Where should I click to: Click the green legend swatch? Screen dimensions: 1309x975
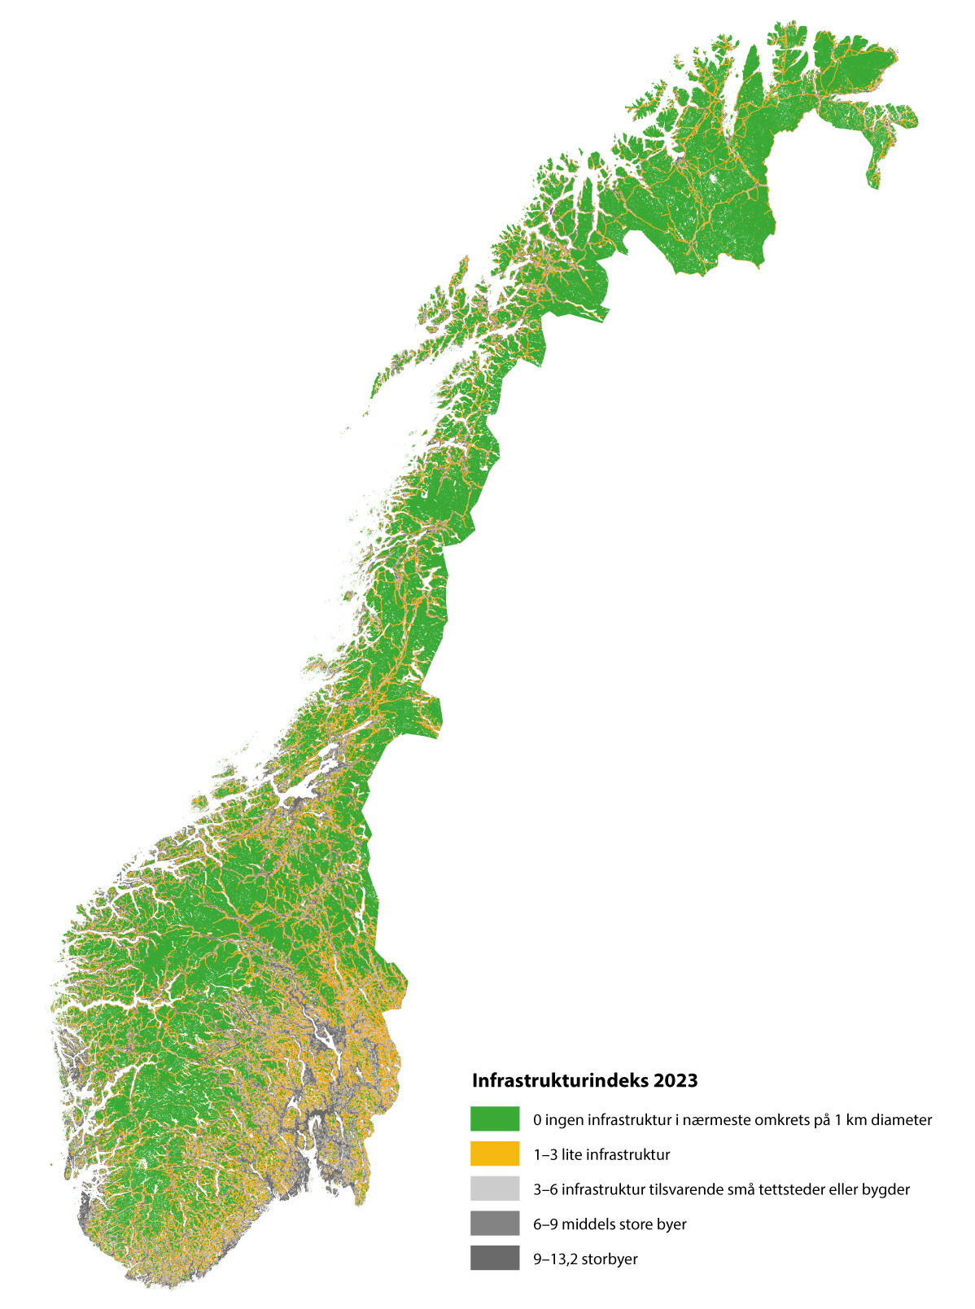click(x=495, y=1119)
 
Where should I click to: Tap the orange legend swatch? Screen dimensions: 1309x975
click(x=495, y=1154)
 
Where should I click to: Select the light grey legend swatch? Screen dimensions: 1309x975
click(x=495, y=1189)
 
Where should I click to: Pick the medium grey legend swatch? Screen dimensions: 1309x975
click(x=495, y=1224)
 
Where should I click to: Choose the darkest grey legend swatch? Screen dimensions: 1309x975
click(x=495, y=1259)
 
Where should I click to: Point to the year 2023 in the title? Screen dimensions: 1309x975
click(x=676, y=1080)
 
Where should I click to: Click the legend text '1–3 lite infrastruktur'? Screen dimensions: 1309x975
click(x=601, y=1154)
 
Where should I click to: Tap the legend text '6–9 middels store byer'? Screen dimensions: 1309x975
click(x=610, y=1224)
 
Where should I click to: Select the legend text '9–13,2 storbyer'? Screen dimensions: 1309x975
click(x=585, y=1259)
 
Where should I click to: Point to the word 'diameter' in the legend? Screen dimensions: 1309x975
click(x=902, y=1119)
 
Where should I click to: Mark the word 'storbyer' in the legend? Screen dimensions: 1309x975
click(x=610, y=1259)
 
